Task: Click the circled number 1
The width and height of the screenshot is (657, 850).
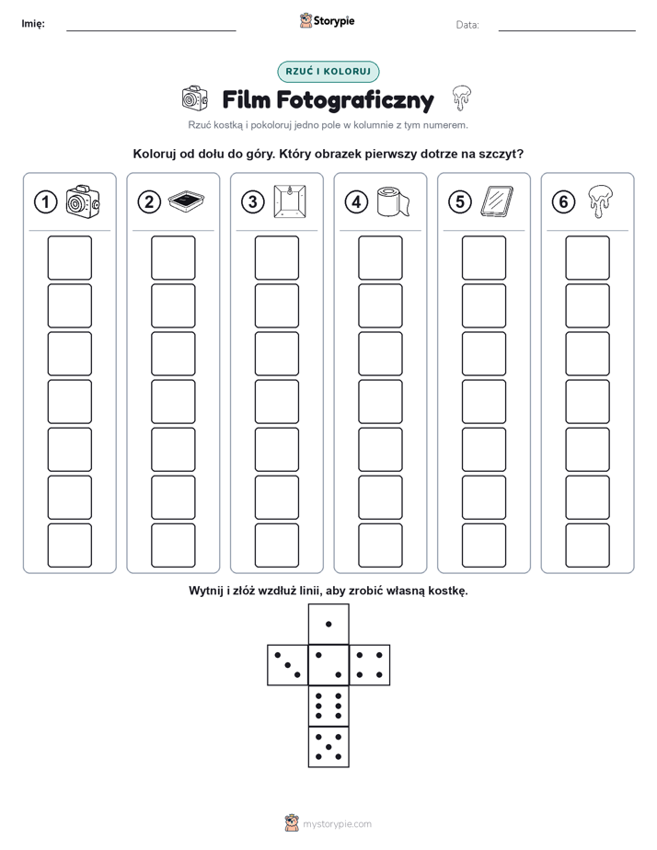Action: pyautogui.click(x=45, y=202)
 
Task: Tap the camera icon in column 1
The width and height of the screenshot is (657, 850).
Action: pyautogui.click(x=83, y=201)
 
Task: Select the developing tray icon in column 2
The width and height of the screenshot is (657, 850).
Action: pyautogui.click(x=187, y=201)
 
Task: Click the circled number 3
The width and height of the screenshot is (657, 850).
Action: pyautogui.click(x=253, y=202)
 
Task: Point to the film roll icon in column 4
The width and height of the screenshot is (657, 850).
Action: pyautogui.click(x=394, y=201)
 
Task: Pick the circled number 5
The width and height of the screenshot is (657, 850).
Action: pyautogui.click(x=460, y=202)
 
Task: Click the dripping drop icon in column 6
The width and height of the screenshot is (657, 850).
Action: pyautogui.click(x=601, y=201)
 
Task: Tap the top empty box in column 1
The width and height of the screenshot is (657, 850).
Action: pyautogui.click(x=69, y=258)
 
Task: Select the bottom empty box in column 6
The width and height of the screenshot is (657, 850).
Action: pyautogui.click(x=587, y=546)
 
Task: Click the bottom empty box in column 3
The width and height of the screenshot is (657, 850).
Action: pyautogui.click(x=276, y=546)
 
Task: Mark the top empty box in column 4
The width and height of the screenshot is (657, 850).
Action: pyautogui.click(x=380, y=258)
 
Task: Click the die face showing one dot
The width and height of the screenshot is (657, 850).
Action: pyautogui.click(x=328, y=625)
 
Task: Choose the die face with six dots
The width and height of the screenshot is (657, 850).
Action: pyautogui.click(x=328, y=706)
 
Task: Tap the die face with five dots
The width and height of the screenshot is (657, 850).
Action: pyautogui.click(x=328, y=747)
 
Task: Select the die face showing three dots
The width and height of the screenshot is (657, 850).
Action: pyautogui.click(x=288, y=665)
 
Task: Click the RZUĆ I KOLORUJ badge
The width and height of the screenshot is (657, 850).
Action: pyautogui.click(x=328, y=72)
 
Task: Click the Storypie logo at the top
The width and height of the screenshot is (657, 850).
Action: pyautogui.click(x=327, y=21)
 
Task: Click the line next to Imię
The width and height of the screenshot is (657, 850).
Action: pyautogui.click(x=151, y=31)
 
